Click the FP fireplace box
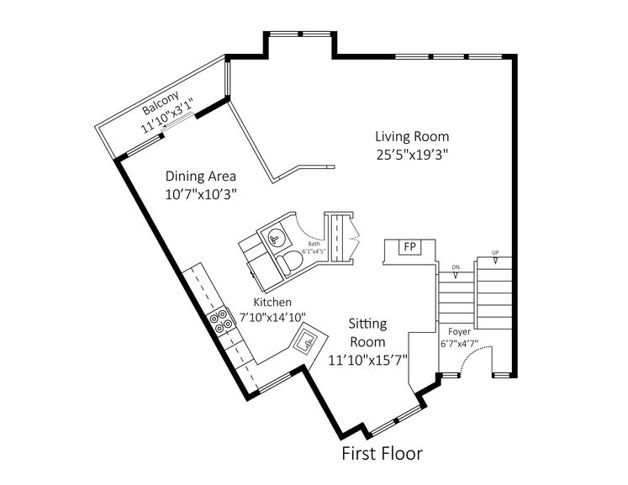coord(409,247)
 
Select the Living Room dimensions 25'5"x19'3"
coord(412,154)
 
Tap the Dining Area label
coord(200,177)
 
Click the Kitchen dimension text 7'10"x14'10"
coord(272,317)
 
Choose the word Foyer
coord(459,331)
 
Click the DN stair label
coord(456,267)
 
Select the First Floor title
coord(382,455)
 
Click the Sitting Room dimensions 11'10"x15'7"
coord(367,359)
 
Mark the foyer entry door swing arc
coord(476,356)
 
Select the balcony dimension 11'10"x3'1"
coord(167,121)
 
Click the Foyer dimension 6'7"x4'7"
coord(459,344)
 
